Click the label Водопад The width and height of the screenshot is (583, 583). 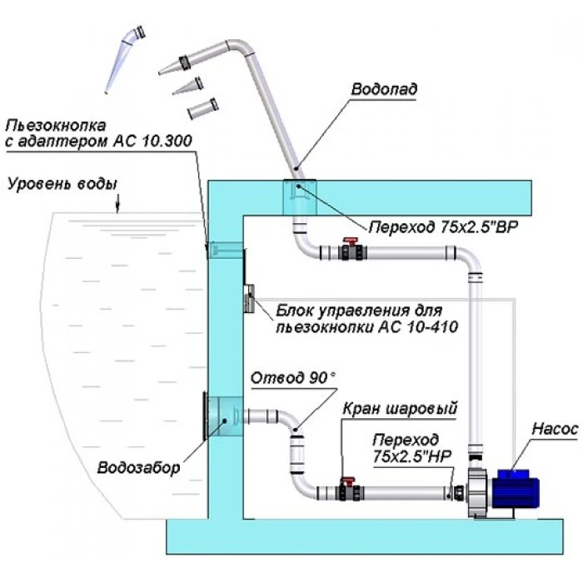(x=383, y=87)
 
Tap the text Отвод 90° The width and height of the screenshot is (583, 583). (x=294, y=377)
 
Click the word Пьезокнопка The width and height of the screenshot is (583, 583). (x=56, y=126)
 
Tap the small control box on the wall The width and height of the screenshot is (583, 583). (x=247, y=297)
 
